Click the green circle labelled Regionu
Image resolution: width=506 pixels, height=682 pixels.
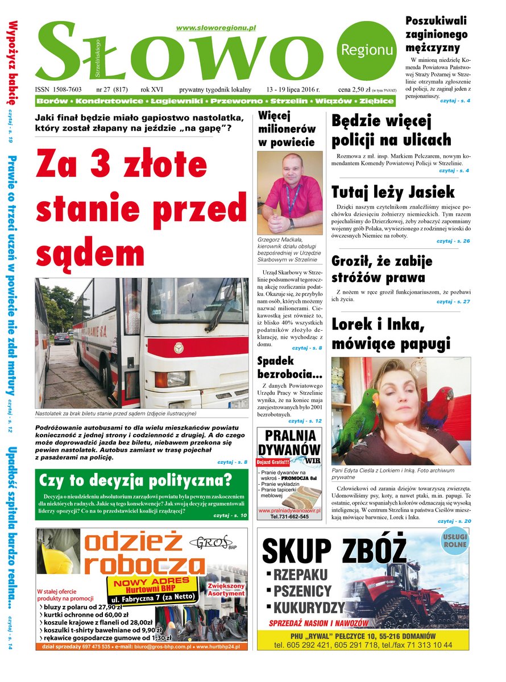tap(367, 49)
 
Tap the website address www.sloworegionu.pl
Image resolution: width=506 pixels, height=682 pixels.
tap(216, 28)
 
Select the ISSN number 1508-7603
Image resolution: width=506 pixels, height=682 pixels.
tap(59, 90)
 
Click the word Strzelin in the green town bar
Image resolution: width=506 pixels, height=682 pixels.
tap(289, 101)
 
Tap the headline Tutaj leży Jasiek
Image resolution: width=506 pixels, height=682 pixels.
tap(393, 191)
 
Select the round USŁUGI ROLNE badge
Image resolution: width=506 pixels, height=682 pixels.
tap(455, 540)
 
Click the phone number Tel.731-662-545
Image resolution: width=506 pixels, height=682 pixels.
tap(290, 517)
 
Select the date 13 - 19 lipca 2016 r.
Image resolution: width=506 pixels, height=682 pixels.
tap(293, 90)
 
